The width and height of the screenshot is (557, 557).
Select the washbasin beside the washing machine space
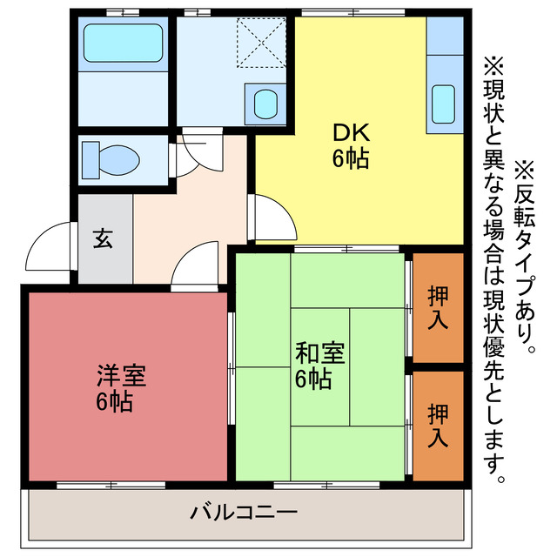tap(264, 103)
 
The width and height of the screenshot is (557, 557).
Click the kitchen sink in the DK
tap(445, 103)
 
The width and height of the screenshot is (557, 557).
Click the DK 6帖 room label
tap(351, 145)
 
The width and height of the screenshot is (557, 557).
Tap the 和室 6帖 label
tap(319, 366)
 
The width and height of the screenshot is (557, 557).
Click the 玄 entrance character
tap(103, 238)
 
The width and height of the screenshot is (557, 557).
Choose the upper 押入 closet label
tap(438, 306)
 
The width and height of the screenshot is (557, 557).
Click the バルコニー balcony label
tap(244, 512)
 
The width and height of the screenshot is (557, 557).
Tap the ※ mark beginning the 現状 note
tap(493, 65)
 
